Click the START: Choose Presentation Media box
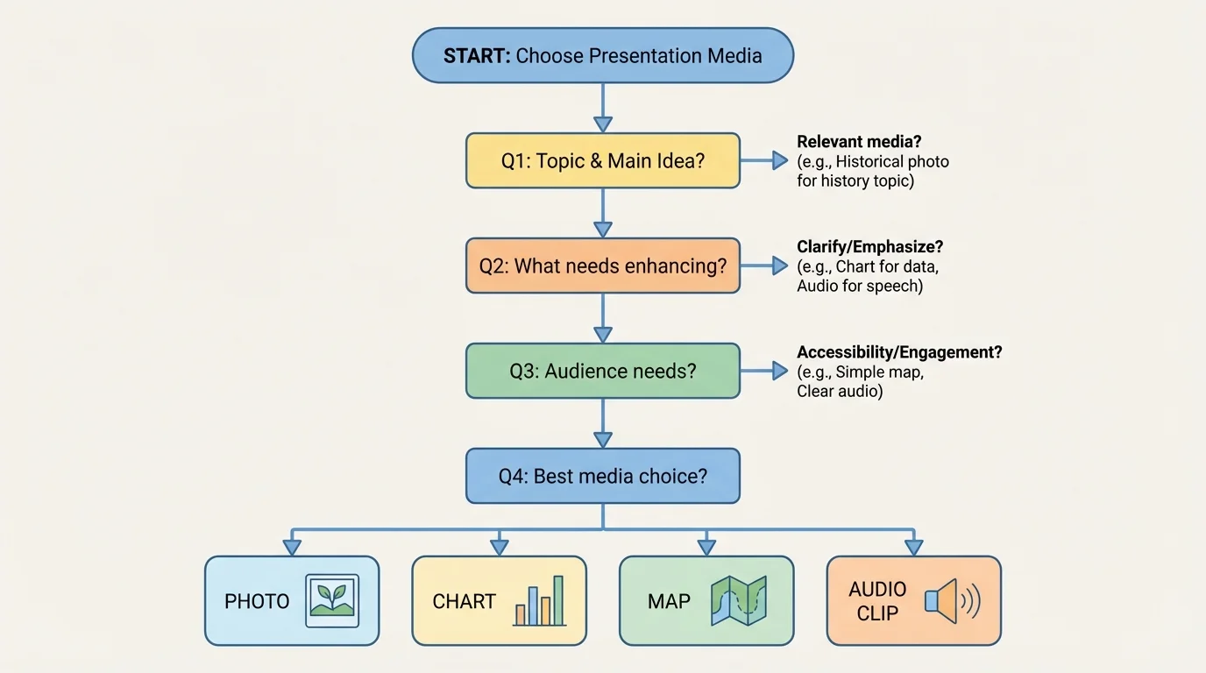point(602,56)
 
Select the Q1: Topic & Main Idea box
point(602,160)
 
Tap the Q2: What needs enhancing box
point(602,266)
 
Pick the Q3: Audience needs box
point(602,371)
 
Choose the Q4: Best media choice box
point(602,476)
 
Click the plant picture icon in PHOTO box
point(332,601)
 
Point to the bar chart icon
point(539,601)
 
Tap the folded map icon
point(738,600)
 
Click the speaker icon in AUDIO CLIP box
point(951,601)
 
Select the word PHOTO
point(257,602)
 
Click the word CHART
point(464,602)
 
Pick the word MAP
point(669,602)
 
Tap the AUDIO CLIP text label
point(877,601)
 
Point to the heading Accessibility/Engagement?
point(899,352)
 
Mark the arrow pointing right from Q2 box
point(764,266)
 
